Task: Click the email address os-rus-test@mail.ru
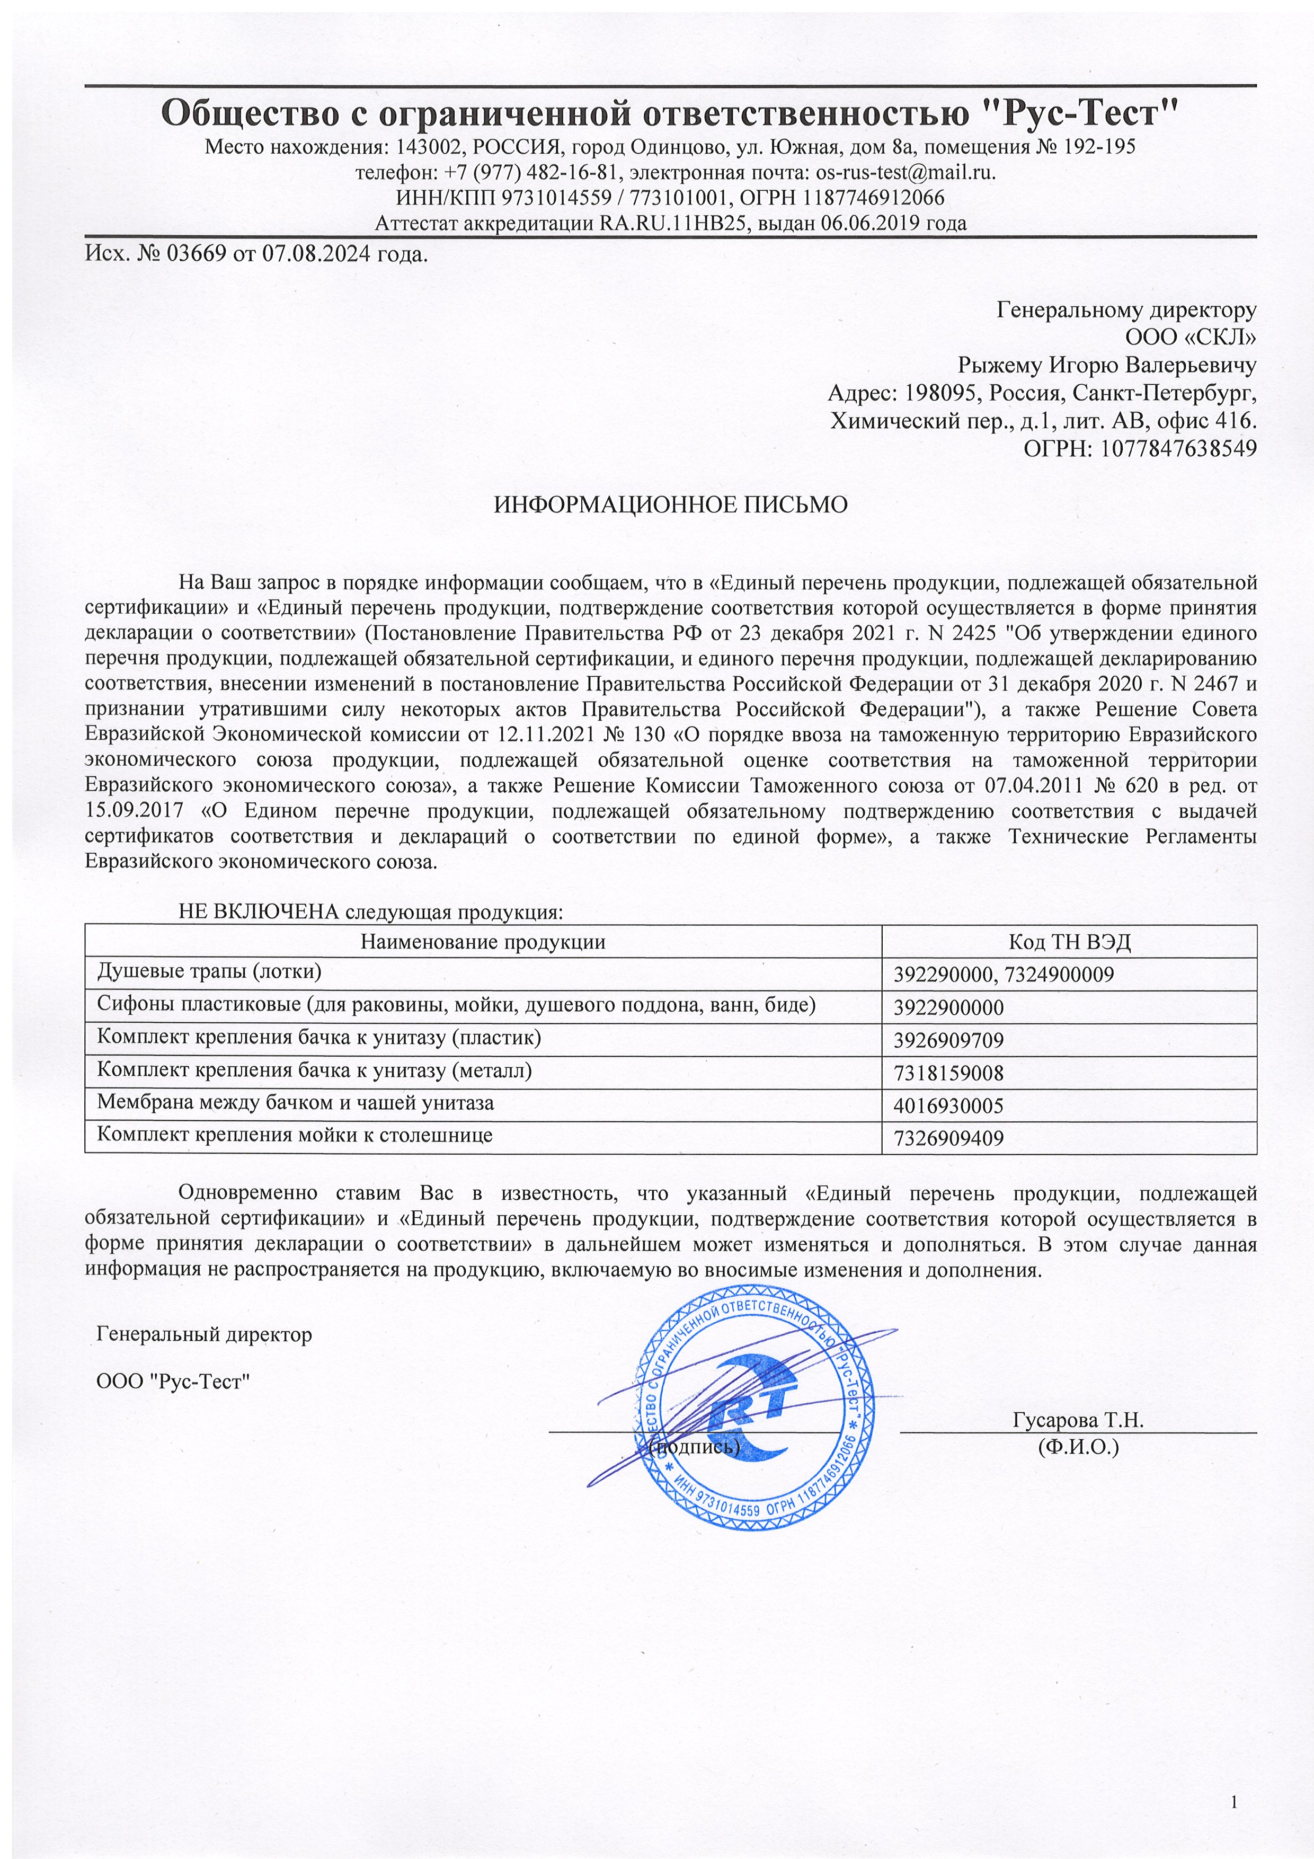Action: coord(904,172)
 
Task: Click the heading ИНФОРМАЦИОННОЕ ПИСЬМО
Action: coord(670,505)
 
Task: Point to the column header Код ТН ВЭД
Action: coord(1069,942)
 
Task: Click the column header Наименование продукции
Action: coord(483,942)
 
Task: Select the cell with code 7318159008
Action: coord(948,1074)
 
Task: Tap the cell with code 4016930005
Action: coord(948,1106)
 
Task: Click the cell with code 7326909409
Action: coord(948,1138)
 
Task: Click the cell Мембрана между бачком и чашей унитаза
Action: coord(296,1103)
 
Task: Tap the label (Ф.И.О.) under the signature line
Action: coord(1078,1446)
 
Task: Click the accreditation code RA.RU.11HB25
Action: coord(671,224)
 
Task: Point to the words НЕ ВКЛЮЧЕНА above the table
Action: coord(258,911)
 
